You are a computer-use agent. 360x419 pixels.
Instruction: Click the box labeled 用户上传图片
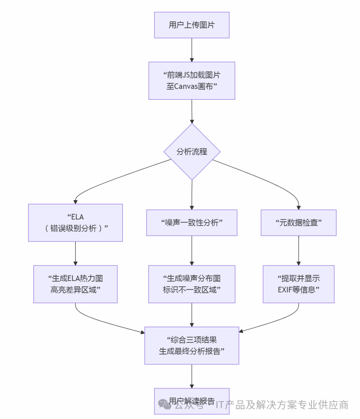[x=192, y=25]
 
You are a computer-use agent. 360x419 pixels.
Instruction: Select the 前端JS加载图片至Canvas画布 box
[x=192, y=81]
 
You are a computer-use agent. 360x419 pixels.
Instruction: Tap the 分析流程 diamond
[x=192, y=152]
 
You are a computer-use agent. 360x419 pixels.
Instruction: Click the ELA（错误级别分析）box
[x=75, y=223]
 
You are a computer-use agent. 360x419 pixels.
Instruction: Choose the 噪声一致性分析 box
[x=192, y=223]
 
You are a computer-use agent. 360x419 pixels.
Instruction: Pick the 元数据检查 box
[x=298, y=223]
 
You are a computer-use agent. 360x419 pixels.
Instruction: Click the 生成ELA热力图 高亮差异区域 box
[x=75, y=284]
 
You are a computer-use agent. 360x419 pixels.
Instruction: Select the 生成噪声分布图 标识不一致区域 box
[x=192, y=284]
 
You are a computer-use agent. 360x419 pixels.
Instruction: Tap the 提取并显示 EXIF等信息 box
[x=298, y=284]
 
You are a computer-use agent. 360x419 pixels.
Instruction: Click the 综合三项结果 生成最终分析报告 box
[x=192, y=345]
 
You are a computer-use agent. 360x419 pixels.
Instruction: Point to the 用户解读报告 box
[x=192, y=401]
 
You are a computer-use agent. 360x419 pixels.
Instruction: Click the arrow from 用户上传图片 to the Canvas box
[x=192, y=49]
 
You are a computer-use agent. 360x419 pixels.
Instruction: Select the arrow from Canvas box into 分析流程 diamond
[x=192, y=112]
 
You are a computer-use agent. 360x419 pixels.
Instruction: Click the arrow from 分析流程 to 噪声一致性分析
[x=192, y=194]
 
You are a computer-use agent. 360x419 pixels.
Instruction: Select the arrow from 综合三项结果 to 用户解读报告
[x=192, y=376]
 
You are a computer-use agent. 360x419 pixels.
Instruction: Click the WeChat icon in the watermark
[x=165, y=404]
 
